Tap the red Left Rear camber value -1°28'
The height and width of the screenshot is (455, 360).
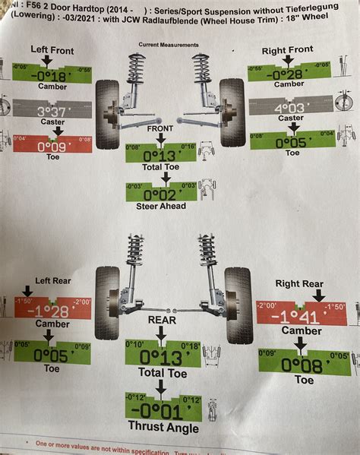[51, 311]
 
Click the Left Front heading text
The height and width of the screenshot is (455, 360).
[51, 49]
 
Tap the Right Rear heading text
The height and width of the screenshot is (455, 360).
[300, 283]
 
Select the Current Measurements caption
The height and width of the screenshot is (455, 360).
[169, 45]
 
